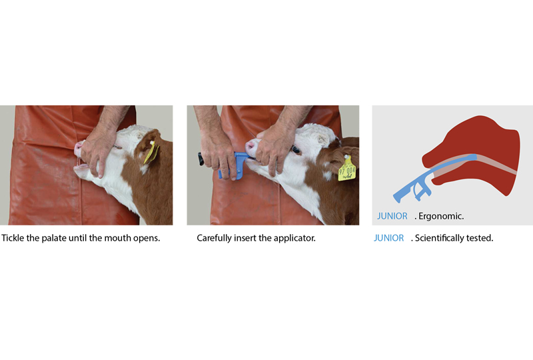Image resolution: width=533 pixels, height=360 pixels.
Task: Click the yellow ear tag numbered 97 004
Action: (347, 168)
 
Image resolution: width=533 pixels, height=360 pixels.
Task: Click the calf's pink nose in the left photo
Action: (78, 149)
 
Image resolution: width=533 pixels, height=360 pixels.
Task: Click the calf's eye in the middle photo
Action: (295, 149)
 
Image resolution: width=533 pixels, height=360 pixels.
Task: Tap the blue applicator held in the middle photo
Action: (232, 165)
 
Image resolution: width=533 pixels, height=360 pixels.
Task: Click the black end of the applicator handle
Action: (201, 159)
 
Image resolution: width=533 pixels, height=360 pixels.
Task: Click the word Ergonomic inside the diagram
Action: (441, 216)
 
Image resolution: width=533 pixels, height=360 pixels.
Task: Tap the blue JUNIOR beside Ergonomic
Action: (392, 216)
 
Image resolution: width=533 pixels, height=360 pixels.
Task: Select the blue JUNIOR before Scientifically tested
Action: (388, 238)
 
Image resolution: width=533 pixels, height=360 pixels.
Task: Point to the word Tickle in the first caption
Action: (13, 238)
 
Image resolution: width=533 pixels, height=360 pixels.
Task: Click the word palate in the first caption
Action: (54, 238)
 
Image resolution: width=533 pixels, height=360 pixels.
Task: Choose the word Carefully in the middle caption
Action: (214, 238)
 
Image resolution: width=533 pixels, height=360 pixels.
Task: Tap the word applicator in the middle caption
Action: (294, 238)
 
